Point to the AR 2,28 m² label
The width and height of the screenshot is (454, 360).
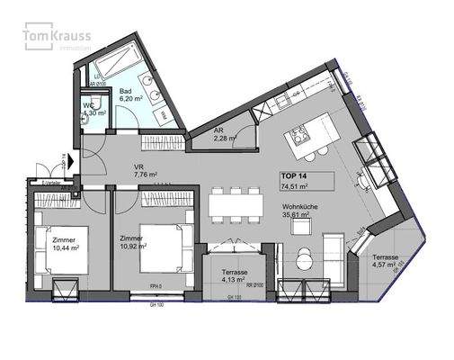pyautogui.click(x=224, y=134)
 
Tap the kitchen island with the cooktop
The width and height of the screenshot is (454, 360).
pyautogui.click(x=307, y=140)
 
